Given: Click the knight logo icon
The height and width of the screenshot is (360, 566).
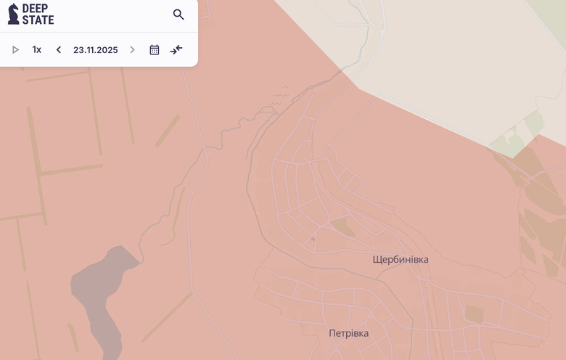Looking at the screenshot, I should point(13,14).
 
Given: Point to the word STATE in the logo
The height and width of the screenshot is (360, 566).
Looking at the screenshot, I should point(38,20).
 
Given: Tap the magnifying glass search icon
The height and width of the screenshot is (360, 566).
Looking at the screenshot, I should point(179,15).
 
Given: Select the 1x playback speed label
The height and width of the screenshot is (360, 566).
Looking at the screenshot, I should point(37,50).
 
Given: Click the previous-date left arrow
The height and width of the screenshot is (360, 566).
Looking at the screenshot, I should point(59,50).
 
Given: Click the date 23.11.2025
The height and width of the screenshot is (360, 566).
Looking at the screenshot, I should point(95,50).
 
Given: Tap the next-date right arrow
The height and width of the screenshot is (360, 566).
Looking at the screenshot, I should point(132,50).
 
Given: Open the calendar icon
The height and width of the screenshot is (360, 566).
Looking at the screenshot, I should point(155,50).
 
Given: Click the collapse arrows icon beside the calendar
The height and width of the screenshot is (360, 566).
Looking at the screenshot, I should point(176,50).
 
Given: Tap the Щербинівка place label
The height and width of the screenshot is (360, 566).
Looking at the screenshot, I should point(401,259).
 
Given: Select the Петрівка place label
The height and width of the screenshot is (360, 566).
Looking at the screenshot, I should point(348,333).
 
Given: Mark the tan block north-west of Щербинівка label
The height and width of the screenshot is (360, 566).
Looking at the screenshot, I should point(344,226).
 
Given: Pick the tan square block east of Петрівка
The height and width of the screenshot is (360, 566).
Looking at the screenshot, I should point(474,314).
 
